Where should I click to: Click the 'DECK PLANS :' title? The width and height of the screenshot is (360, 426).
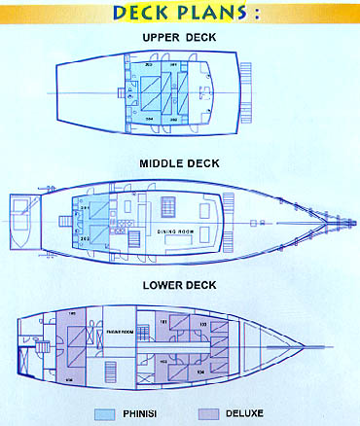179,13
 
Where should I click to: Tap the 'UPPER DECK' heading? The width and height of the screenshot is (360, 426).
179,38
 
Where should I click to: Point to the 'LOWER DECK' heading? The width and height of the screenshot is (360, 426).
179,287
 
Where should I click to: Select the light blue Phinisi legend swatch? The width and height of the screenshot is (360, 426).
106,413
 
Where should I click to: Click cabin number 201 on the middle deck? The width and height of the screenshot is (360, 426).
86,208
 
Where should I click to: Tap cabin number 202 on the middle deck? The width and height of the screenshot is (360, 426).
86,238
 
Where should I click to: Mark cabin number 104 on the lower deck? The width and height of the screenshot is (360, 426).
200,372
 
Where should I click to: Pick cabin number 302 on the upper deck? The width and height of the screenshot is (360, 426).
173,119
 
